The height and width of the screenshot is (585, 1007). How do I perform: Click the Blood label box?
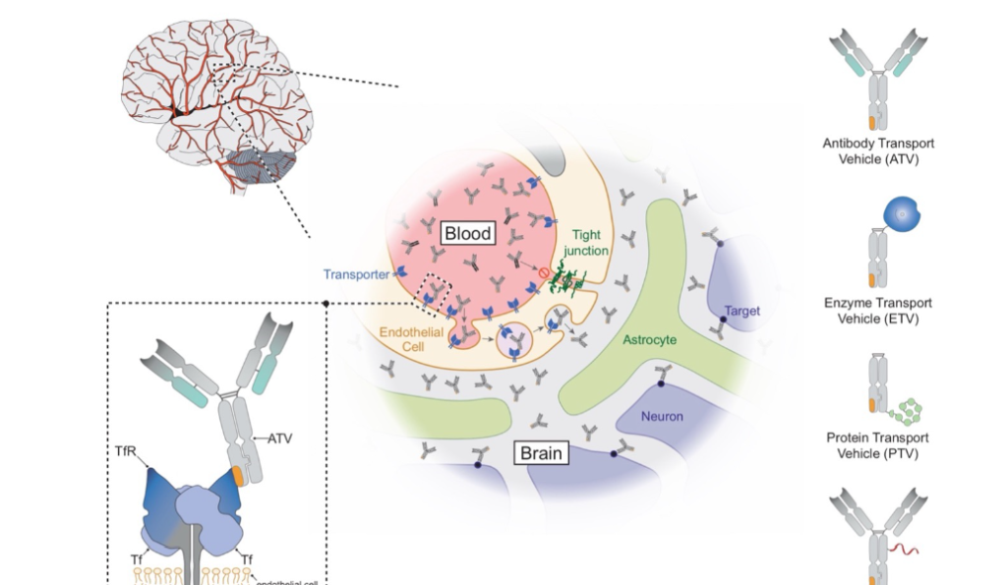click(x=467, y=234)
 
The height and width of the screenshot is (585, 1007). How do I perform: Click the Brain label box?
click(x=542, y=453)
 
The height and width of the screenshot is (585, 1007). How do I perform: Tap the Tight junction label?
click(x=588, y=243)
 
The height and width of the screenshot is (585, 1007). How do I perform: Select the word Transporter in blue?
click(x=356, y=274)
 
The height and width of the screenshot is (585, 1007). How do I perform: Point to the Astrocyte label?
click(x=649, y=339)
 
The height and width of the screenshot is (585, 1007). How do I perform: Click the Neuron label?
click(x=662, y=416)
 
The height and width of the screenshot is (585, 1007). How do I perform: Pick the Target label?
click(x=741, y=312)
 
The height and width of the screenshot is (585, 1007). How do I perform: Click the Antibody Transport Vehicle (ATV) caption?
click(x=877, y=150)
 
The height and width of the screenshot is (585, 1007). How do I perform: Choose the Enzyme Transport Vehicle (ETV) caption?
click(x=877, y=311)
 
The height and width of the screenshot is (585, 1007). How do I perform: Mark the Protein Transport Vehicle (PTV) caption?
click(x=877, y=445)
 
